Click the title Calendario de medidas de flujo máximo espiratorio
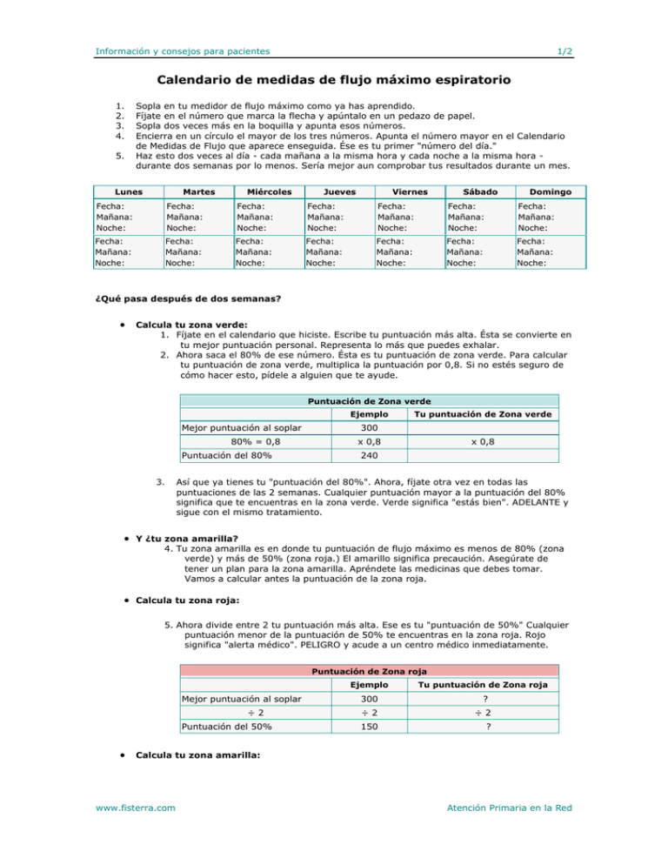[x=333, y=81]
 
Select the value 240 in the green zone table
[x=369, y=454]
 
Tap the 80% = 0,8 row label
[x=256, y=441]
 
